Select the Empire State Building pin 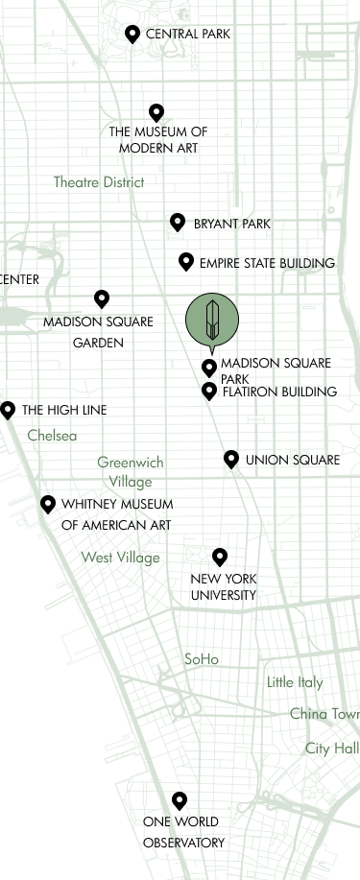coord(186,262)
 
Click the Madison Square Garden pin coord(103,299)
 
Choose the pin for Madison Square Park coord(209,366)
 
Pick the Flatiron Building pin coord(209,390)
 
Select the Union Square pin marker coord(230,459)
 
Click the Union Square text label coord(289,459)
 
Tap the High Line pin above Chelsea coord(8,410)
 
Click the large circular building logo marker coord(212,320)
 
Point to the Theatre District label coord(99,182)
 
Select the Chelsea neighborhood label coord(53,437)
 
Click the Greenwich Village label coord(131,472)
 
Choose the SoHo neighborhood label coord(203,658)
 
